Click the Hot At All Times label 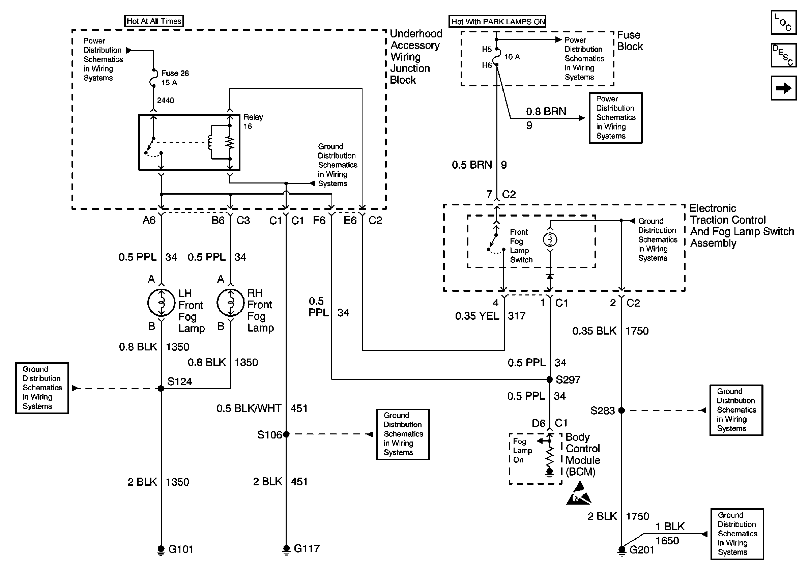[154, 21]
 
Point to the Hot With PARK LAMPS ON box [497, 22]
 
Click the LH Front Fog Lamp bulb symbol [161, 302]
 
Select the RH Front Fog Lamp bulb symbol [230, 302]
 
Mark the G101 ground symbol [161, 550]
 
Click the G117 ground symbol [286, 549]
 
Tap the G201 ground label [642, 550]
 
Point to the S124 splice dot [161, 389]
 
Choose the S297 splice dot [550, 379]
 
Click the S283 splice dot [621, 410]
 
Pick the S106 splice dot [286, 434]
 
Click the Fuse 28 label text [175, 74]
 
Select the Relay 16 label [253, 122]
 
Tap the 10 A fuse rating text [512, 57]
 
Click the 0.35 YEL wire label [477, 316]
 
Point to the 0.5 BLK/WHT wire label [249, 408]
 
